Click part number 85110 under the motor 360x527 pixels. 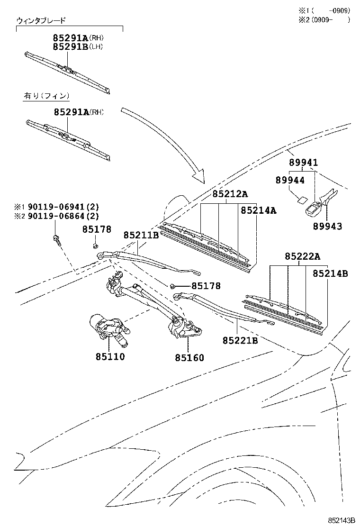[x=110, y=356]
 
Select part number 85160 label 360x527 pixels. [x=189, y=358]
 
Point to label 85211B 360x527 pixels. [x=141, y=235]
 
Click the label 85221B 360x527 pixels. [x=241, y=340]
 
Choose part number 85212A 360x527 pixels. [x=230, y=194]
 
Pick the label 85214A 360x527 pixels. [x=259, y=210]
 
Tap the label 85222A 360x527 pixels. [x=303, y=257]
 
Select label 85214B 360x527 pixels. [x=331, y=273]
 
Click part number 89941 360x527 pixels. [x=303, y=163]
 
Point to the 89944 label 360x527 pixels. [x=290, y=180]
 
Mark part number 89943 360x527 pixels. [x=327, y=226]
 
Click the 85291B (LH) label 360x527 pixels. [x=78, y=47]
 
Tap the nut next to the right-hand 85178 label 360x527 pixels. [x=172, y=286]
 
